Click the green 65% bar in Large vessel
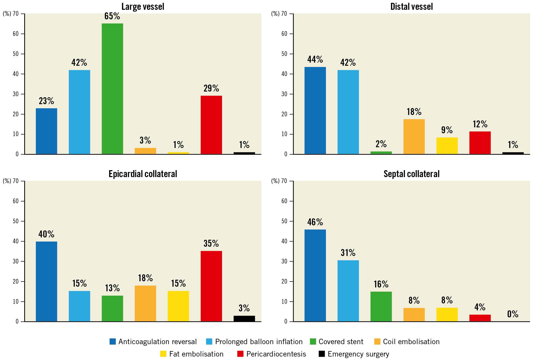pyautogui.click(x=112, y=89)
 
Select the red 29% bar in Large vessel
pyautogui.click(x=211, y=125)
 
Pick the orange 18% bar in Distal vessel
pyautogui.click(x=414, y=137)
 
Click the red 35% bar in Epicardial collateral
pyautogui.click(x=211, y=286)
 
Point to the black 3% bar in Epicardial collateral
pyautogui.click(x=244, y=319)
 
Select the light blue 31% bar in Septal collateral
pyautogui.click(x=348, y=291)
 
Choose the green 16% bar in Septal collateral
pyautogui.click(x=381, y=307)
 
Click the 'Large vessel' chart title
pyautogui.click(x=143, y=6)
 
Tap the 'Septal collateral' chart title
pyautogui.click(x=411, y=174)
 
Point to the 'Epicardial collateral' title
pyautogui.click(x=143, y=174)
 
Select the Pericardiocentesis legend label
pyautogui.click(x=276, y=354)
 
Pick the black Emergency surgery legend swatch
pyautogui.click(x=322, y=354)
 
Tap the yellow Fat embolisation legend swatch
pyautogui.click(x=163, y=354)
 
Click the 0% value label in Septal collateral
pyautogui.click(x=513, y=314)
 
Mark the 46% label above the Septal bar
pyautogui.click(x=315, y=222)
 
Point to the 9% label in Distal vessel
pyautogui.click(x=447, y=130)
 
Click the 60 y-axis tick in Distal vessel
pyautogui.click(x=284, y=34)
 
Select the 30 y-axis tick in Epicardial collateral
pyautogui.click(x=16, y=261)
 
